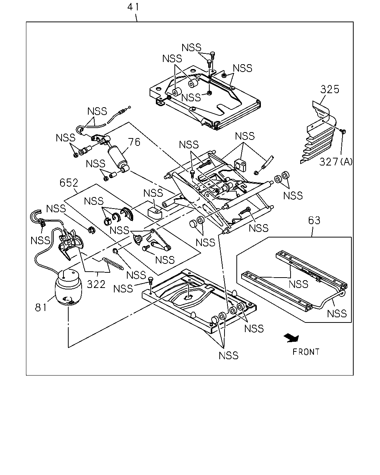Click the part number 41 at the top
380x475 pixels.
coord(133,7)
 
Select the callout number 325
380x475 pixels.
coord(330,89)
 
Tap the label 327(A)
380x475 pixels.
coord(335,162)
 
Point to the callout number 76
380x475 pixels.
coord(134,142)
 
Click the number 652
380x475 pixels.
coord(69,183)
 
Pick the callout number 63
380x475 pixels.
coord(314,220)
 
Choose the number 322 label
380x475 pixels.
coord(96,284)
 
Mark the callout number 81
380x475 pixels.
coord(41,308)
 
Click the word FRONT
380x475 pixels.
coord(306,352)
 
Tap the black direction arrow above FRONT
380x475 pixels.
coord(291,338)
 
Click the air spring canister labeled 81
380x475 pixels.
coord(68,288)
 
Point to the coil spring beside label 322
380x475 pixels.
coord(113,264)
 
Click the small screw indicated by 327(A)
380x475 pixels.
coord(343,131)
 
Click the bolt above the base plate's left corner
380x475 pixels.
coord(151,280)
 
